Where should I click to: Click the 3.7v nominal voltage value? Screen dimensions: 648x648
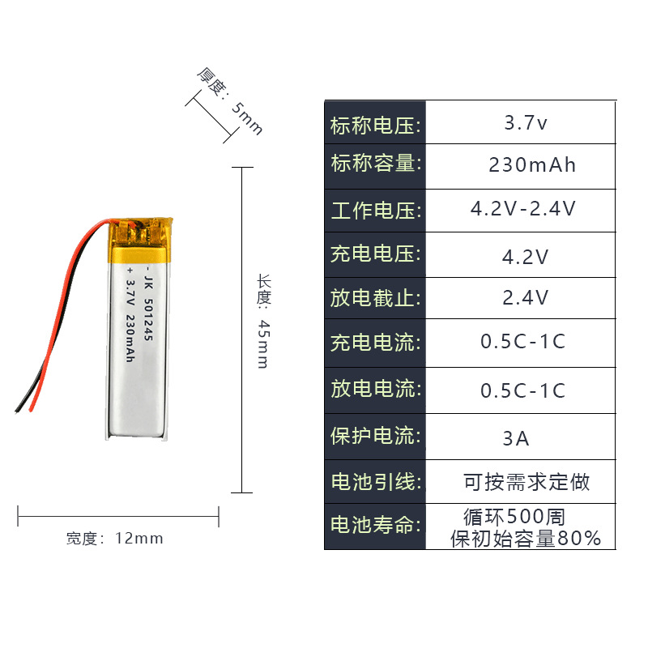(526, 124)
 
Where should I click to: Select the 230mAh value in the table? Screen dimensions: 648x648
(532, 165)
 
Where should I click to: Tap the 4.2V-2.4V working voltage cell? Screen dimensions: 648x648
(523, 209)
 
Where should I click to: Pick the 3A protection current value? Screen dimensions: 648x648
(515, 439)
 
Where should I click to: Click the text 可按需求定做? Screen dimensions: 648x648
(526, 483)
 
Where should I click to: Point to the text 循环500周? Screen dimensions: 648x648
(514, 516)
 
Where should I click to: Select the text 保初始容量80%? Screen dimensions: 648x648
(526, 538)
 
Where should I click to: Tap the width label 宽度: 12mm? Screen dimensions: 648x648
(114, 538)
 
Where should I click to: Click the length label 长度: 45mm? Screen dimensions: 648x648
(262, 321)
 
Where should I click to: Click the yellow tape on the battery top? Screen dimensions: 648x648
(143, 240)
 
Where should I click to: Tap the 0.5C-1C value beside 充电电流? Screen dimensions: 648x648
(522, 342)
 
